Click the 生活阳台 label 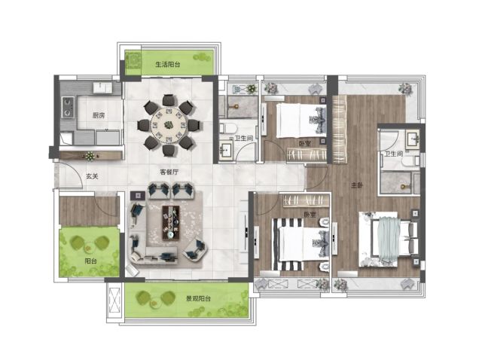pos(167,64)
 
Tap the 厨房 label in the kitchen pos(99,115)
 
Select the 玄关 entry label pos(92,176)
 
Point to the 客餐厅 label pos(169,172)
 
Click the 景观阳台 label pos(198,298)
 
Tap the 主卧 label pos(357,185)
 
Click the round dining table pos(168,125)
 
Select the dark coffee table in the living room pos(171,223)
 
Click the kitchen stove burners pos(68,107)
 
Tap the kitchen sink pos(103,87)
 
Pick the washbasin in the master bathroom pos(413,139)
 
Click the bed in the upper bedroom pos(301,121)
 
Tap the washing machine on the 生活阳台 pos(133,60)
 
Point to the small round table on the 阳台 pos(89,246)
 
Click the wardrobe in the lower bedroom pos(306,200)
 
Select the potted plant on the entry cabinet pos(90,156)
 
